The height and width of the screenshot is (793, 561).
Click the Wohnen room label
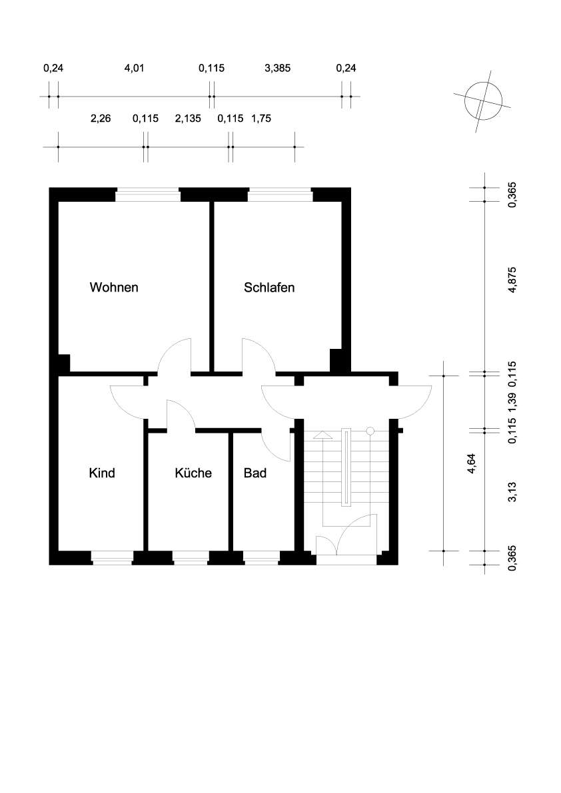[114, 287]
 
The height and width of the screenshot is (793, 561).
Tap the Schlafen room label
[269, 287]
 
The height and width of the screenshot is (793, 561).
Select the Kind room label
[102, 473]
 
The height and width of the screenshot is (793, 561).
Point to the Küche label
[193, 473]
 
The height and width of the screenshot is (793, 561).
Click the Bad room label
[255, 473]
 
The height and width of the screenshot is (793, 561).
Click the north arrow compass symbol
[484, 101]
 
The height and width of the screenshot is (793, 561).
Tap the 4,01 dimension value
[134, 68]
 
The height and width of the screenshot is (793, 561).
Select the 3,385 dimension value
[277, 68]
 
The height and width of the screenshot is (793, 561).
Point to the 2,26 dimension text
[100, 119]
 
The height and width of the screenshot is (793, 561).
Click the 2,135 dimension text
[188, 119]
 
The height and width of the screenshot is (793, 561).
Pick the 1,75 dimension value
[261, 119]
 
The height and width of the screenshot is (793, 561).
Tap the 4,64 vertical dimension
[472, 463]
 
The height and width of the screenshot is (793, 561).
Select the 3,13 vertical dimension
[513, 491]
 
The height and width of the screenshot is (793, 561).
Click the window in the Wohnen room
[148, 194]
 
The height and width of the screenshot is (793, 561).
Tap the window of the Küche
[190, 558]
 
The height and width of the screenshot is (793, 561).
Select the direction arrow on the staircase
[322, 435]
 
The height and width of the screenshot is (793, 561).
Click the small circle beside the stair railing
[370, 431]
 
